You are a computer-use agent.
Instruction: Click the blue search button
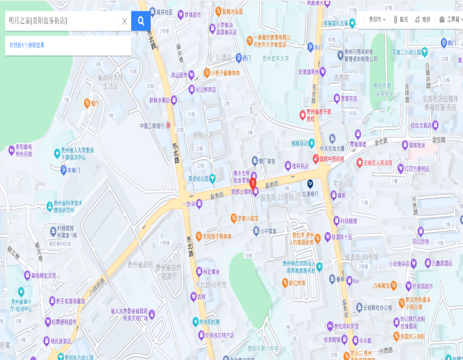pyautogui.click(x=141, y=21)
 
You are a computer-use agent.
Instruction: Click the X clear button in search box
pyautogui.click(x=124, y=21)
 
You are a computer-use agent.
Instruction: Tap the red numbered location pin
pyautogui.click(x=253, y=183)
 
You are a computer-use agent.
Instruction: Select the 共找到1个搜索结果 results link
pyautogui.click(x=27, y=45)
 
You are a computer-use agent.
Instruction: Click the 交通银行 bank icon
pyautogui.click(x=311, y=184)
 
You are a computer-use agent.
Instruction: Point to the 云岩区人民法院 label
pyautogui.click(x=378, y=163)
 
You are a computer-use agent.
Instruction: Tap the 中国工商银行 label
pyautogui.click(x=152, y=126)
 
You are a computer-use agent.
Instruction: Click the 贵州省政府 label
pyautogui.click(x=139, y=264)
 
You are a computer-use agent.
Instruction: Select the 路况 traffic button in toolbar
pyautogui.click(x=401, y=20)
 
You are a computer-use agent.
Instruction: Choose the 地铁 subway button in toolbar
pyautogui.click(x=422, y=20)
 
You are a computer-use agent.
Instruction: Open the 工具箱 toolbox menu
pyautogui.click(x=449, y=20)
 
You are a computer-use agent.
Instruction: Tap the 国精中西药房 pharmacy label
pyautogui.click(x=331, y=159)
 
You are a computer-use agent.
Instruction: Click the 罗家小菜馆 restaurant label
pyautogui.click(x=248, y=218)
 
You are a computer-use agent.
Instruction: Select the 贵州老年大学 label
pyautogui.click(x=276, y=59)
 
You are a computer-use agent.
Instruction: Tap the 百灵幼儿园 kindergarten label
pyautogui.click(x=199, y=179)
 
